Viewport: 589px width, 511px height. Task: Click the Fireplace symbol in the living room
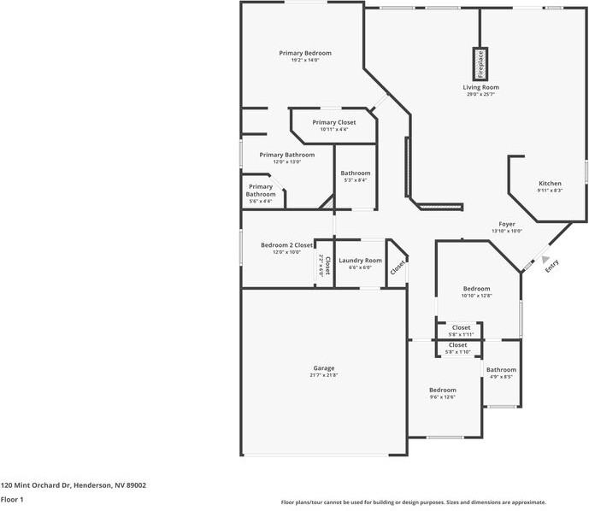pos(480,62)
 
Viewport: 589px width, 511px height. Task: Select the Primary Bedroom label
pos(305,53)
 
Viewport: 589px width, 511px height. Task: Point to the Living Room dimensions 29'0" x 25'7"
pos(480,94)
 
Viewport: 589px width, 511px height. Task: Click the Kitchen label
pos(550,184)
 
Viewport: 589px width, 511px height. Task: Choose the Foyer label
pos(507,224)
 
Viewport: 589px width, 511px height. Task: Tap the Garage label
pos(323,368)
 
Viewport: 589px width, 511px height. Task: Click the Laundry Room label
pos(360,261)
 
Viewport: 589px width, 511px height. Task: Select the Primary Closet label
pos(333,122)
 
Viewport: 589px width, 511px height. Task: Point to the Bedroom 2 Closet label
pos(286,245)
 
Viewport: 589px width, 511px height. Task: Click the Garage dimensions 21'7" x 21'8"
pos(323,376)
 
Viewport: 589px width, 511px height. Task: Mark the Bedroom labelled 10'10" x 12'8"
pos(476,289)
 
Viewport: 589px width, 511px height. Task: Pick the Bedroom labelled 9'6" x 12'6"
pos(442,390)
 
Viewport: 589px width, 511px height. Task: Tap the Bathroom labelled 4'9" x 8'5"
pos(502,370)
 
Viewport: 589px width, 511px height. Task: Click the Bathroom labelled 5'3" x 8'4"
pos(355,173)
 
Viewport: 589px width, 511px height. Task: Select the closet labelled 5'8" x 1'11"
pos(461,327)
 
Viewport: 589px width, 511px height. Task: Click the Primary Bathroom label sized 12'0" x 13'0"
pos(287,155)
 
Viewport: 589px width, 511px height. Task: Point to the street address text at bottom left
pos(74,485)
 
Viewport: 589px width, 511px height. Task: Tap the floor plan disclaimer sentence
pos(414,502)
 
